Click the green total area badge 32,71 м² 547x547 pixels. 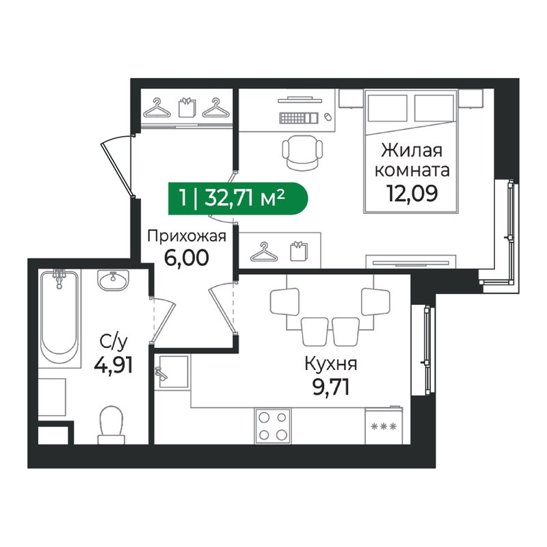coord(237,198)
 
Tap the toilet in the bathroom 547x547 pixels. coord(111,425)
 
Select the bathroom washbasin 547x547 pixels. coord(113,280)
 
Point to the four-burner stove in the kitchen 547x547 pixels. coord(273,426)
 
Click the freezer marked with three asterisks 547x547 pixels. coord(384,425)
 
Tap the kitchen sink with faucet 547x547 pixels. coord(172,371)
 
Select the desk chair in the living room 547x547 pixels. coord(302,152)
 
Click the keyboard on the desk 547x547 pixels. coord(299,118)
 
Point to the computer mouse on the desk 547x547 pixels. coord(328,117)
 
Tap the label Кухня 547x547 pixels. coord(331,364)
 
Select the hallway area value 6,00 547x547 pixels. coord(186,258)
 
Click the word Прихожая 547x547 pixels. coord(187,236)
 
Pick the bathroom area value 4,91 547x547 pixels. coord(114,366)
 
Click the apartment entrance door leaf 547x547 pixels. coord(116,170)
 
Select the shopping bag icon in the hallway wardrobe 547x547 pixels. coord(187,107)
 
